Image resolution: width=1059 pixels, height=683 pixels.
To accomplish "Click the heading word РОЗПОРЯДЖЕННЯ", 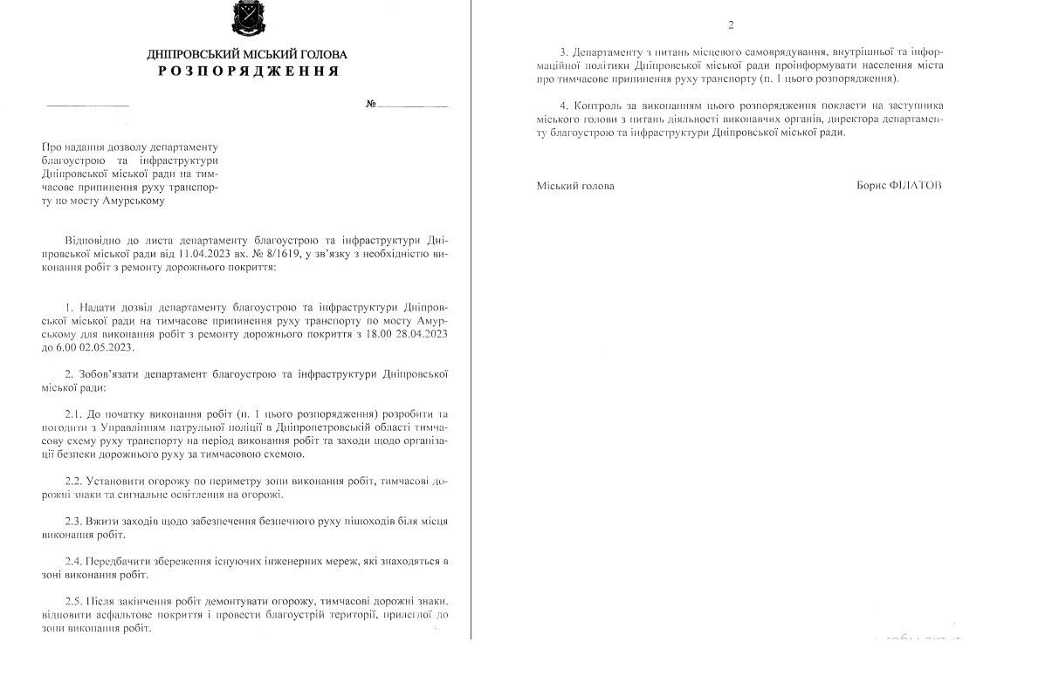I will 248,72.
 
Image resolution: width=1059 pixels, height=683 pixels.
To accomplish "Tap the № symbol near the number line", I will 371,104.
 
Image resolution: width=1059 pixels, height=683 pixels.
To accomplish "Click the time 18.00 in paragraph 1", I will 361,334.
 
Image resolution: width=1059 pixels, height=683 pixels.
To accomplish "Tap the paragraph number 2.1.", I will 75,413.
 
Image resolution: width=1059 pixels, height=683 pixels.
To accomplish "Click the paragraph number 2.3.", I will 75,521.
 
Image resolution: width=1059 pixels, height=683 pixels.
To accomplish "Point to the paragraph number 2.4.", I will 75,561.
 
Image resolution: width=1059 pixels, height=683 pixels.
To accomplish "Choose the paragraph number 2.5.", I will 75,601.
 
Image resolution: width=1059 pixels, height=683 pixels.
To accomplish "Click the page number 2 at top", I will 731,24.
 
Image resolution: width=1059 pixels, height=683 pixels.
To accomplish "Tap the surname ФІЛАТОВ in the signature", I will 916,186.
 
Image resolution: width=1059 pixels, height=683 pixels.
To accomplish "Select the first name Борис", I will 872,186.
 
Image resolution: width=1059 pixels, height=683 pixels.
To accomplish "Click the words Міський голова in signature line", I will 575,186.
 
